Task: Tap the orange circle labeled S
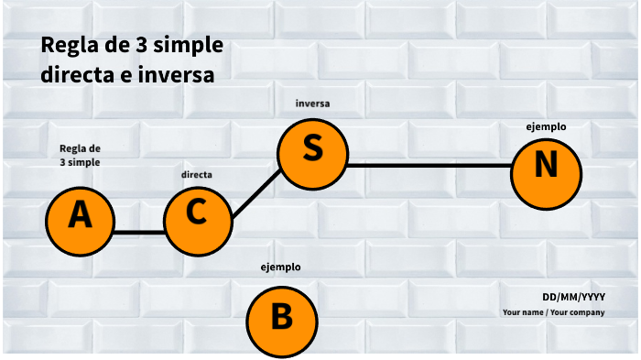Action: tap(312, 149)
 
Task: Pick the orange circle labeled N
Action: tap(545, 168)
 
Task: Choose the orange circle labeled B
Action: tap(282, 318)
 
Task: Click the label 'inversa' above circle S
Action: tap(312, 104)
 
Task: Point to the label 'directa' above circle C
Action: tap(198, 173)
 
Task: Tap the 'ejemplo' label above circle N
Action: tap(546, 125)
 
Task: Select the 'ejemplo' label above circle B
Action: tap(281, 267)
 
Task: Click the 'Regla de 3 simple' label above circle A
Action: tap(80, 155)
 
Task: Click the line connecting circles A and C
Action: tap(139, 233)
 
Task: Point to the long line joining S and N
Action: tap(429, 166)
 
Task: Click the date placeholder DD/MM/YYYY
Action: tap(573, 297)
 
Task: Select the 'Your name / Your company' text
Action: tap(553, 312)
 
